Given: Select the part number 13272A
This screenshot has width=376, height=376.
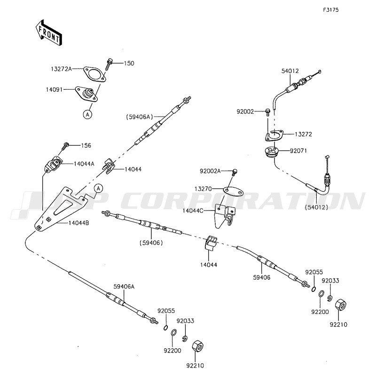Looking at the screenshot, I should point(61,69).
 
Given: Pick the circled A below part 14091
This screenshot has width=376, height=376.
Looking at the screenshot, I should point(87,114).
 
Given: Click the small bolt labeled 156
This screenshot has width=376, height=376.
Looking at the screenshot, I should point(65,145).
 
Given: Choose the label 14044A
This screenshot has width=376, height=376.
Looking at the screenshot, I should point(83,164).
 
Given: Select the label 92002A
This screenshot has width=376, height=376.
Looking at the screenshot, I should point(210,171).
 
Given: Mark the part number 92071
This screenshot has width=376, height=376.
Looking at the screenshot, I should point(297,152).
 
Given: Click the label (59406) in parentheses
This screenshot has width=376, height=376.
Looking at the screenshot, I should point(150,243).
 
